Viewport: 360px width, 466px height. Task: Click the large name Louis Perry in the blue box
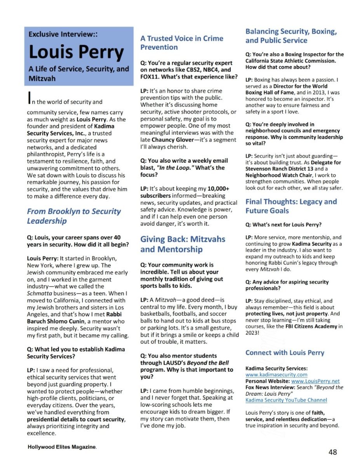[77, 53]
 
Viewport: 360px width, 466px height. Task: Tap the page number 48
[332, 452]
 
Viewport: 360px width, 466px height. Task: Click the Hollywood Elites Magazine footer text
[62, 447]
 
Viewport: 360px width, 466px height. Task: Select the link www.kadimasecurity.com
[276, 375]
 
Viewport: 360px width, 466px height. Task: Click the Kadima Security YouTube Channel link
[286, 400]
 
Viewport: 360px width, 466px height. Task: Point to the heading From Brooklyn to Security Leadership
[74, 216]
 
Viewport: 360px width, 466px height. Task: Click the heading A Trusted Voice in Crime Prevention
[181, 43]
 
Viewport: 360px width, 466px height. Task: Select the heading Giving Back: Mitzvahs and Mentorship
[183, 244]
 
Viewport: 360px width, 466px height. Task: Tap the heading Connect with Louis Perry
[285, 353]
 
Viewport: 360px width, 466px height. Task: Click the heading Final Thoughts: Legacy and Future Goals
[291, 206]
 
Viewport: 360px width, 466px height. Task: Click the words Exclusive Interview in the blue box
[63, 34]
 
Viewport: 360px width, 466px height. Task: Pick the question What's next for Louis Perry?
[283, 224]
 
